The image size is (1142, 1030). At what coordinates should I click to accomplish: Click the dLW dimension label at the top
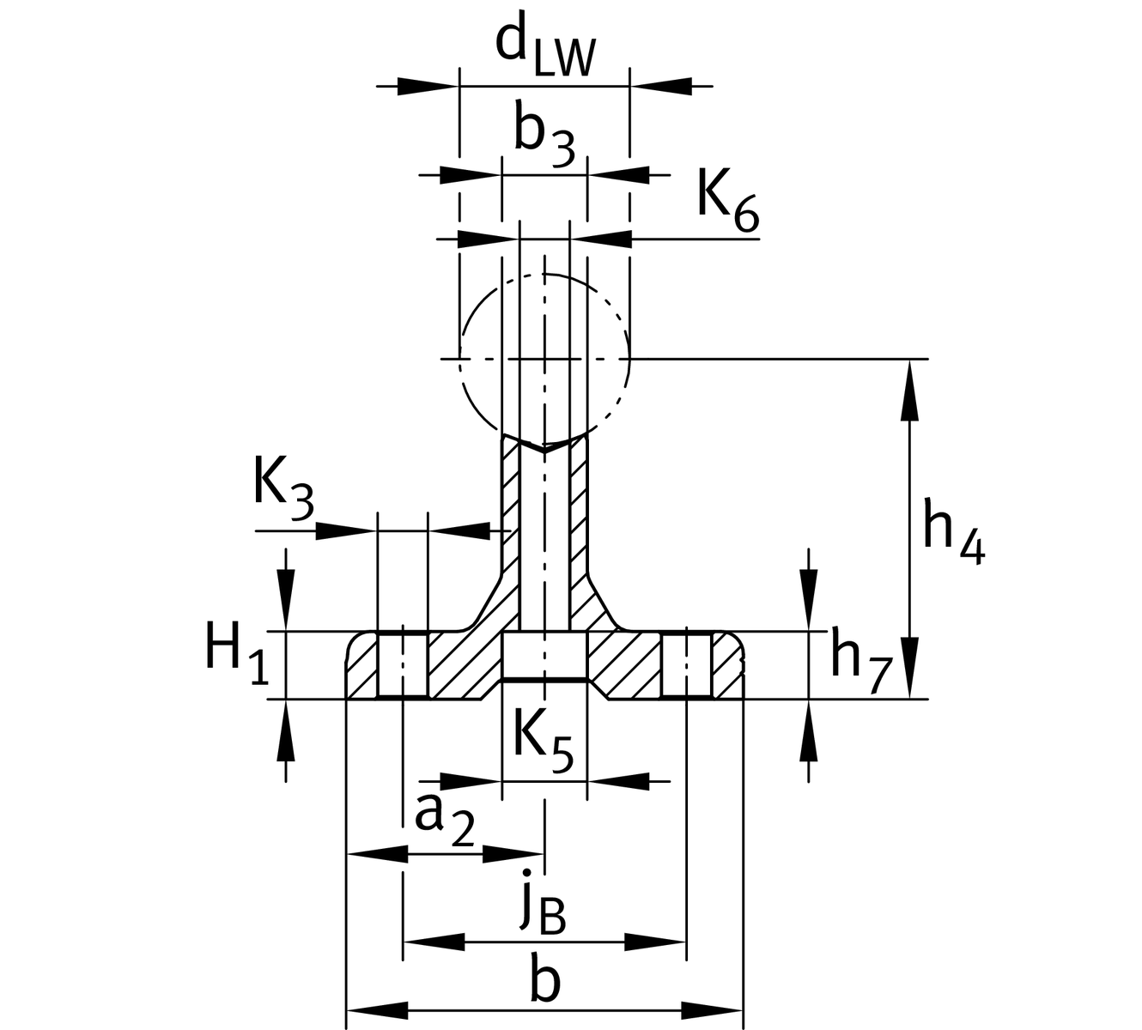[x=544, y=48]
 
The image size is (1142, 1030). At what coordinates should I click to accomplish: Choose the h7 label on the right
[x=861, y=663]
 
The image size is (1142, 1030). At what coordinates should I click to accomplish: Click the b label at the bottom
[x=544, y=982]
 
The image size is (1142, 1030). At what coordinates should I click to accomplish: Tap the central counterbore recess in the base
[x=544, y=657]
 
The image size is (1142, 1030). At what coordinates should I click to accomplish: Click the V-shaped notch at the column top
[x=544, y=447]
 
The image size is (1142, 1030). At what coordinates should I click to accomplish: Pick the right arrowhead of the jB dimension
[x=656, y=942]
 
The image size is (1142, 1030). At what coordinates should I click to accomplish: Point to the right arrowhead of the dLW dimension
[x=661, y=86]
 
